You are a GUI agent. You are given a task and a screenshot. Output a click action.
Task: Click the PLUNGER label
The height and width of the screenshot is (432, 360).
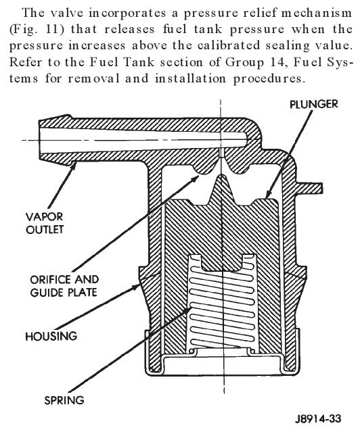pos(314,104)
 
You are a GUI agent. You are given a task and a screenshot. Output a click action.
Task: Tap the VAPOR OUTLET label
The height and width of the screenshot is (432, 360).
pos(45,223)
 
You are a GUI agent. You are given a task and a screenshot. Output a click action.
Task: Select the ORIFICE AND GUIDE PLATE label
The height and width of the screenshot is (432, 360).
pos(64,286)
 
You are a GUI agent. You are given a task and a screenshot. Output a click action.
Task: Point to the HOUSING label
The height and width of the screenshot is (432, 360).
pos(51,336)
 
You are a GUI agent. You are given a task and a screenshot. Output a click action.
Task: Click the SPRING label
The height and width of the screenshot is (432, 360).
pos(64,400)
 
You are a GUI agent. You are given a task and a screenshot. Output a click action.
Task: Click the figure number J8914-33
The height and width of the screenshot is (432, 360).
pos(318,419)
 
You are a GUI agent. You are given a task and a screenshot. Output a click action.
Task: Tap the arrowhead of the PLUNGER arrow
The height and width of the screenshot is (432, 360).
pos(267,195)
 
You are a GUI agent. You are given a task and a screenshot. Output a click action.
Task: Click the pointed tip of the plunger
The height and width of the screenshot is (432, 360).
pos(221,176)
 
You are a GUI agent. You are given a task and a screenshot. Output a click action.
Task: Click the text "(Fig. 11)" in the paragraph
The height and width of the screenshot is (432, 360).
pos(37,30)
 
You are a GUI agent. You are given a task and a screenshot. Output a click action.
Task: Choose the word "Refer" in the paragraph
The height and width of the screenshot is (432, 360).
pos(26,62)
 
